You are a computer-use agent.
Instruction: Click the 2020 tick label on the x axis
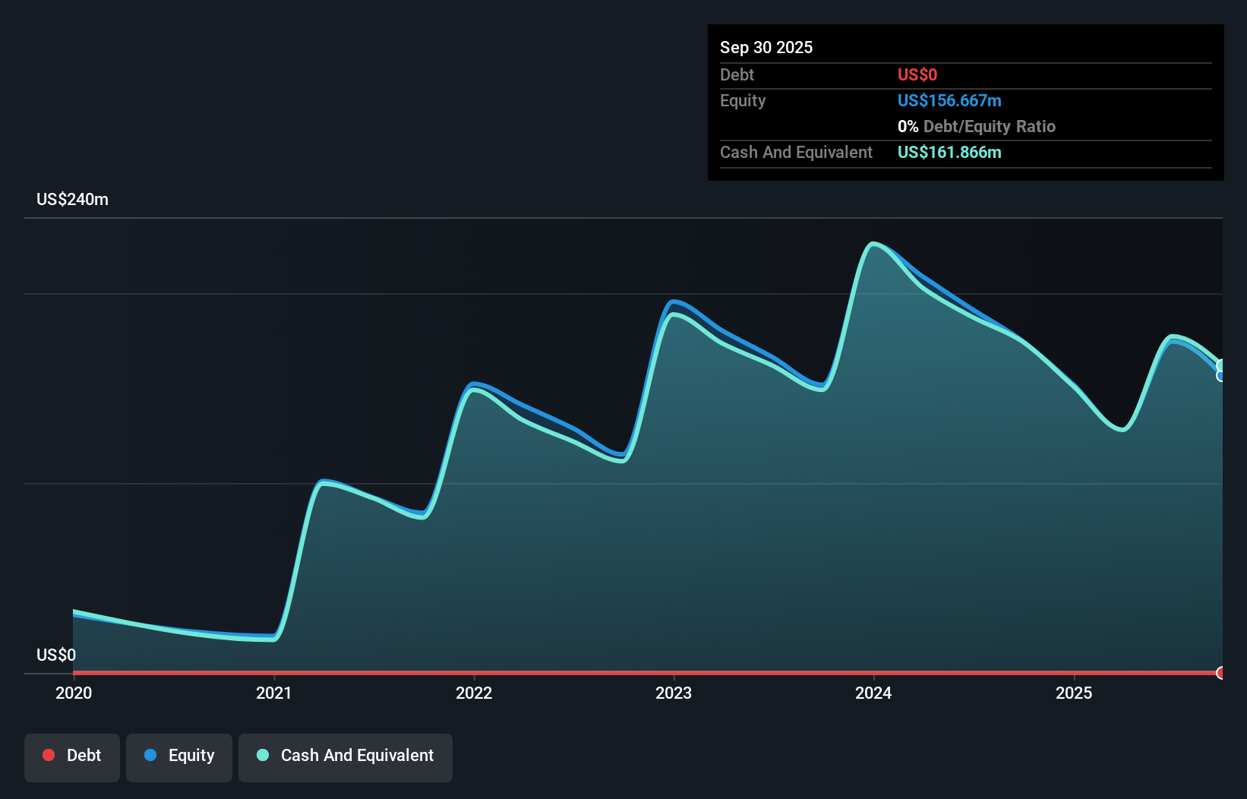[x=74, y=693]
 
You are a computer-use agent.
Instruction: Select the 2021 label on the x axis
[x=273, y=693]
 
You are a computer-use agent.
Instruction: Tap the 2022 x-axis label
[x=474, y=693]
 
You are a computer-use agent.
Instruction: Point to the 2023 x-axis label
[x=674, y=693]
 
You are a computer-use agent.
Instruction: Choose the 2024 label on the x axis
[x=873, y=693]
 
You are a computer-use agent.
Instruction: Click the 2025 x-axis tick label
[x=1074, y=693]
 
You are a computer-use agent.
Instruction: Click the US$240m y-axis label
[x=72, y=199]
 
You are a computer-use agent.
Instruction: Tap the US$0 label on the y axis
[x=56, y=655]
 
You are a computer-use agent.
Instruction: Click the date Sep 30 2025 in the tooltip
[x=766, y=47]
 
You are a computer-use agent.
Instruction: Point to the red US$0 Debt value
[x=917, y=74]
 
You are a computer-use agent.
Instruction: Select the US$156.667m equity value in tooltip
[x=949, y=100]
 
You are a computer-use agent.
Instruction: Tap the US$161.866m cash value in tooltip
[x=949, y=152]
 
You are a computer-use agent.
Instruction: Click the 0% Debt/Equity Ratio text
[x=976, y=126]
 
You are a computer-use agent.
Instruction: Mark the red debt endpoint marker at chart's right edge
[x=1220, y=673]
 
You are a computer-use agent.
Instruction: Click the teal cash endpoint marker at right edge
[x=1221, y=365]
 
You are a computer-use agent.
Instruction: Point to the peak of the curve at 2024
[x=873, y=244]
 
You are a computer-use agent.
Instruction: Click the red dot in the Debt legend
[x=49, y=755]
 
